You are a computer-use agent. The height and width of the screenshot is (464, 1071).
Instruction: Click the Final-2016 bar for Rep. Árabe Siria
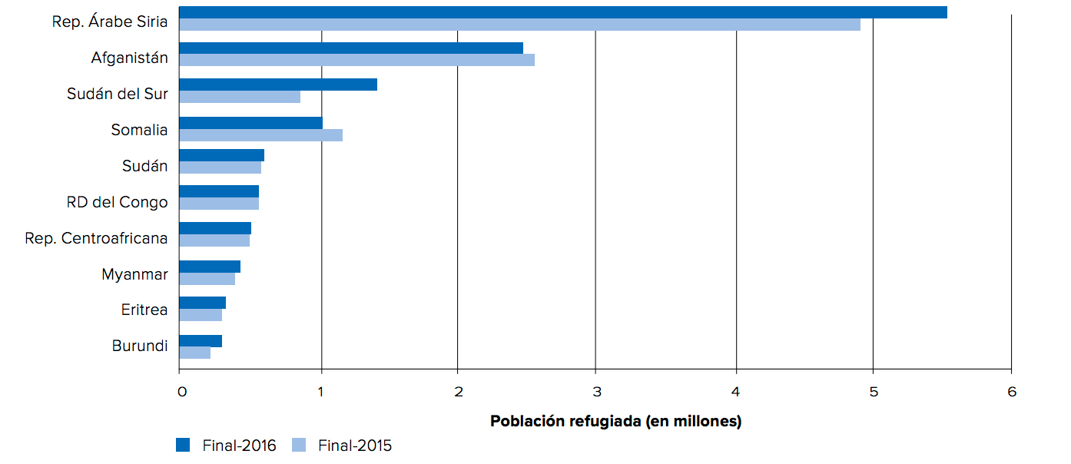(x=562, y=12)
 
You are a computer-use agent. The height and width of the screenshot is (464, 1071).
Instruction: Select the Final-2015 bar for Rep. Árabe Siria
(x=519, y=25)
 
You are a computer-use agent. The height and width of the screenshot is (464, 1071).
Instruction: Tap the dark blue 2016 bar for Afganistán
(x=351, y=48)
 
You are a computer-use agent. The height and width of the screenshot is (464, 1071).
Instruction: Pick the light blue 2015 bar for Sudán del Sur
(x=240, y=97)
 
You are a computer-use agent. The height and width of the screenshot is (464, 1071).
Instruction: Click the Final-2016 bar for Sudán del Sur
(x=278, y=85)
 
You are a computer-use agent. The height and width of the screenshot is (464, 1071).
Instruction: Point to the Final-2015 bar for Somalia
(x=260, y=135)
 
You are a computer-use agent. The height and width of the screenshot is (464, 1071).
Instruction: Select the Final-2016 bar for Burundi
(x=201, y=341)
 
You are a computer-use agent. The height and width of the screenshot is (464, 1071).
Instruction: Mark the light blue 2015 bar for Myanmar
(x=207, y=279)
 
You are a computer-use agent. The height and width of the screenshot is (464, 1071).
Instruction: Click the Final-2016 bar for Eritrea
(x=202, y=303)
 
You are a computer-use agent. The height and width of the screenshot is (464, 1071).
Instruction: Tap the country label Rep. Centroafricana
(x=96, y=238)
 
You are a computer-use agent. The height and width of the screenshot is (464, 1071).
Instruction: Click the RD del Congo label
(x=117, y=202)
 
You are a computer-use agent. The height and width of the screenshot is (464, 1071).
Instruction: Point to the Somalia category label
(x=139, y=130)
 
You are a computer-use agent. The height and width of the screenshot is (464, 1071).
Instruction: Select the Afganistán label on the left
(x=129, y=58)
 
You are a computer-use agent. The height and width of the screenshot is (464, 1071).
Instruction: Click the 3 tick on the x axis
(x=595, y=392)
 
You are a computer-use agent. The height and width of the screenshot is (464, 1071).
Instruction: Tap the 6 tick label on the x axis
(x=1012, y=392)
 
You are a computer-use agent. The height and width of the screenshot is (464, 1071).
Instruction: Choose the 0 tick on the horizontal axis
(x=181, y=392)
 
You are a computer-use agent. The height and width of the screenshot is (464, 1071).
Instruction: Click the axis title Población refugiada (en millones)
(x=615, y=421)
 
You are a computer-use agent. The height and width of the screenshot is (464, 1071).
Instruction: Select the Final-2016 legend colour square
(x=183, y=445)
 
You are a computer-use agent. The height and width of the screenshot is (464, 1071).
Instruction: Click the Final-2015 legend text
(x=354, y=446)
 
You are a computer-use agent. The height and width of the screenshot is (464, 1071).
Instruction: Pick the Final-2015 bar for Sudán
(x=220, y=167)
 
